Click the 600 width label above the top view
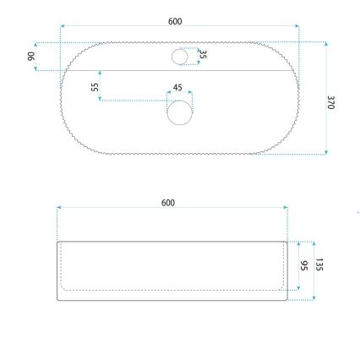[175, 21]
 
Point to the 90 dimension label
[31, 56]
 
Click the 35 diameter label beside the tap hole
[203, 55]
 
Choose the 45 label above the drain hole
[177, 87]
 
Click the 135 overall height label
[319, 265]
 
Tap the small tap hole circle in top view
[181, 57]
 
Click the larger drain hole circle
[180, 112]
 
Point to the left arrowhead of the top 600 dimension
[63, 26]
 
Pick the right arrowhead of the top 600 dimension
[297, 26]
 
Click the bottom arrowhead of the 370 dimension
[326, 153]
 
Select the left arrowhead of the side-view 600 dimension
[57, 206]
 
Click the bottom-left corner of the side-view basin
[58, 299]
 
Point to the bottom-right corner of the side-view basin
[288, 299]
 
